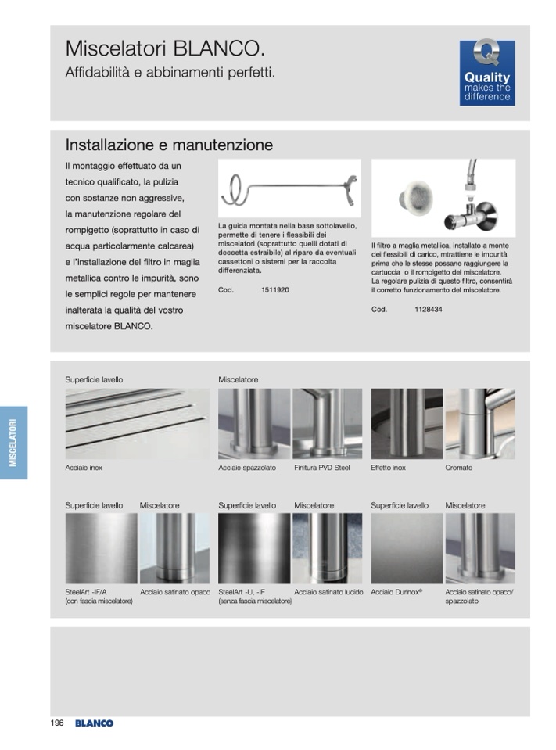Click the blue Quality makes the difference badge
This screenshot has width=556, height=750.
point(486,73)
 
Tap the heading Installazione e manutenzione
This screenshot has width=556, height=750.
point(169,145)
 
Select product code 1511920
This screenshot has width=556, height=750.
point(275,290)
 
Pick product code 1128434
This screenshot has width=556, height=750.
point(428,310)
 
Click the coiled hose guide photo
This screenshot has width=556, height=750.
point(289,188)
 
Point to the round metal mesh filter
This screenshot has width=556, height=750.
point(415,198)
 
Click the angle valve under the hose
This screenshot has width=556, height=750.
point(470,216)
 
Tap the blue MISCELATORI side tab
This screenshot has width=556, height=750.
point(13,443)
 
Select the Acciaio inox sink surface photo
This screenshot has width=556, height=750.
point(137,424)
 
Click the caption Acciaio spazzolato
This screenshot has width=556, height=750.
point(247,468)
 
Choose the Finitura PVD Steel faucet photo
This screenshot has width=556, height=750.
point(327,424)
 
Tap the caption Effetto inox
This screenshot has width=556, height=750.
point(388,468)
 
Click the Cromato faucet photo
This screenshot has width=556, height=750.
point(480,424)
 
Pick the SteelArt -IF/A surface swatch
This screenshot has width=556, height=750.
point(101,548)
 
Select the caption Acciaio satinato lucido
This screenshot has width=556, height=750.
point(328,592)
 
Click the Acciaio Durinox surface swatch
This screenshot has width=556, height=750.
point(407,548)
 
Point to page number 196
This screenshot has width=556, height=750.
point(57,723)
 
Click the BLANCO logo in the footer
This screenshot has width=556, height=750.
point(94,723)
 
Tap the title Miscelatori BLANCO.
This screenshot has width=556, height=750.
point(165,48)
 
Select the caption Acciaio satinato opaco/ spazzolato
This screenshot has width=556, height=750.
point(479,597)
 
